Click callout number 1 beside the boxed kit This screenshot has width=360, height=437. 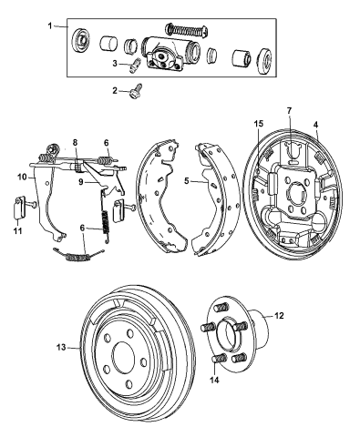click(x=50, y=26)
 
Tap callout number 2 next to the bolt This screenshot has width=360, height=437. click(x=115, y=90)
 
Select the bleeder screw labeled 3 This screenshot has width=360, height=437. click(x=134, y=66)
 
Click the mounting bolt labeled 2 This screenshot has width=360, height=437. click(x=136, y=90)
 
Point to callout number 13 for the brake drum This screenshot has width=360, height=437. click(x=62, y=347)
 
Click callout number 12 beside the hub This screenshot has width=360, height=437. click(x=279, y=316)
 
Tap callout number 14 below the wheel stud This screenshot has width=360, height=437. click(x=215, y=380)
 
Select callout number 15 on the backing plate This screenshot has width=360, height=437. click(x=259, y=124)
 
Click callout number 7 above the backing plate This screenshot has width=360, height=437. click(x=289, y=111)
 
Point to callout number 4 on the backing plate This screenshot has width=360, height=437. click(x=316, y=125)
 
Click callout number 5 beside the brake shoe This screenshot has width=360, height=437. click(x=187, y=181)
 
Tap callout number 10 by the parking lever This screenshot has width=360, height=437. click(x=22, y=177)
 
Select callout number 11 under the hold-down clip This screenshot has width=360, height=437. click(x=17, y=231)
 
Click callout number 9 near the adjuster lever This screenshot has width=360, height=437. click(x=81, y=182)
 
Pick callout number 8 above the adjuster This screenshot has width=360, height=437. click(x=75, y=142)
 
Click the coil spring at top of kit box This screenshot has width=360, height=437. click(x=187, y=29)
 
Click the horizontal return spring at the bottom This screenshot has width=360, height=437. click(x=78, y=256)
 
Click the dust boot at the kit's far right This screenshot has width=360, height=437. click(x=265, y=61)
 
